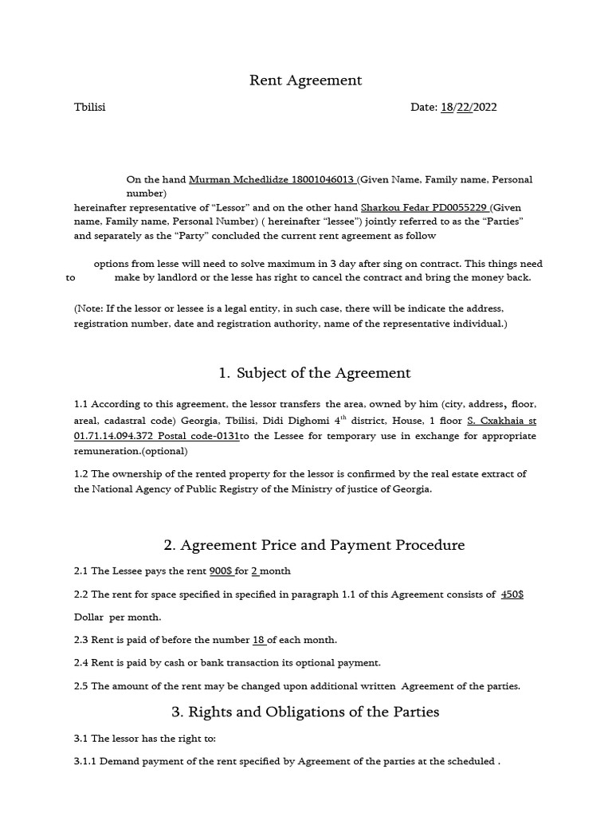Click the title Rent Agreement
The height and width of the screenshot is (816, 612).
tap(306, 80)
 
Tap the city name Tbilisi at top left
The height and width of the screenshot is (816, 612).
tap(89, 107)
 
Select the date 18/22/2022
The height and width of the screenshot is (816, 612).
tap(469, 107)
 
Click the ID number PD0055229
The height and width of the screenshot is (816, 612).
tap(459, 206)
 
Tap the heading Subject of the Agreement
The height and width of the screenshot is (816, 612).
tap(314, 372)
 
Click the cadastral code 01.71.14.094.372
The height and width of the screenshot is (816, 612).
tap(113, 436)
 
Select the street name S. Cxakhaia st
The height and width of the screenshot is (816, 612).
tap(501, 421)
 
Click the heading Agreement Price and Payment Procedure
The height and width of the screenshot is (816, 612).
tap(314, 545)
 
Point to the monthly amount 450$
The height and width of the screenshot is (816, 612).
tap(512, 594)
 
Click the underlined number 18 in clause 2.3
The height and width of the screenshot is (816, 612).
tap(258, 640)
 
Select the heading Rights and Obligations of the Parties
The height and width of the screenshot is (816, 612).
tap(306, 712)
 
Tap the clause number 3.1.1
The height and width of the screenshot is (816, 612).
tap(84, 761)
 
